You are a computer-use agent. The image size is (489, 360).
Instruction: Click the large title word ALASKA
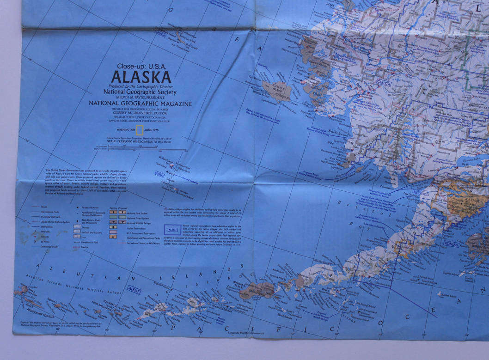tap(141, 77)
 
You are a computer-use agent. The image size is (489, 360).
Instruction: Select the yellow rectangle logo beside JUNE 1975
tap(139, 130)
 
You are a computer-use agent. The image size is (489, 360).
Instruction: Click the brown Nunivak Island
tap(276, 90)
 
